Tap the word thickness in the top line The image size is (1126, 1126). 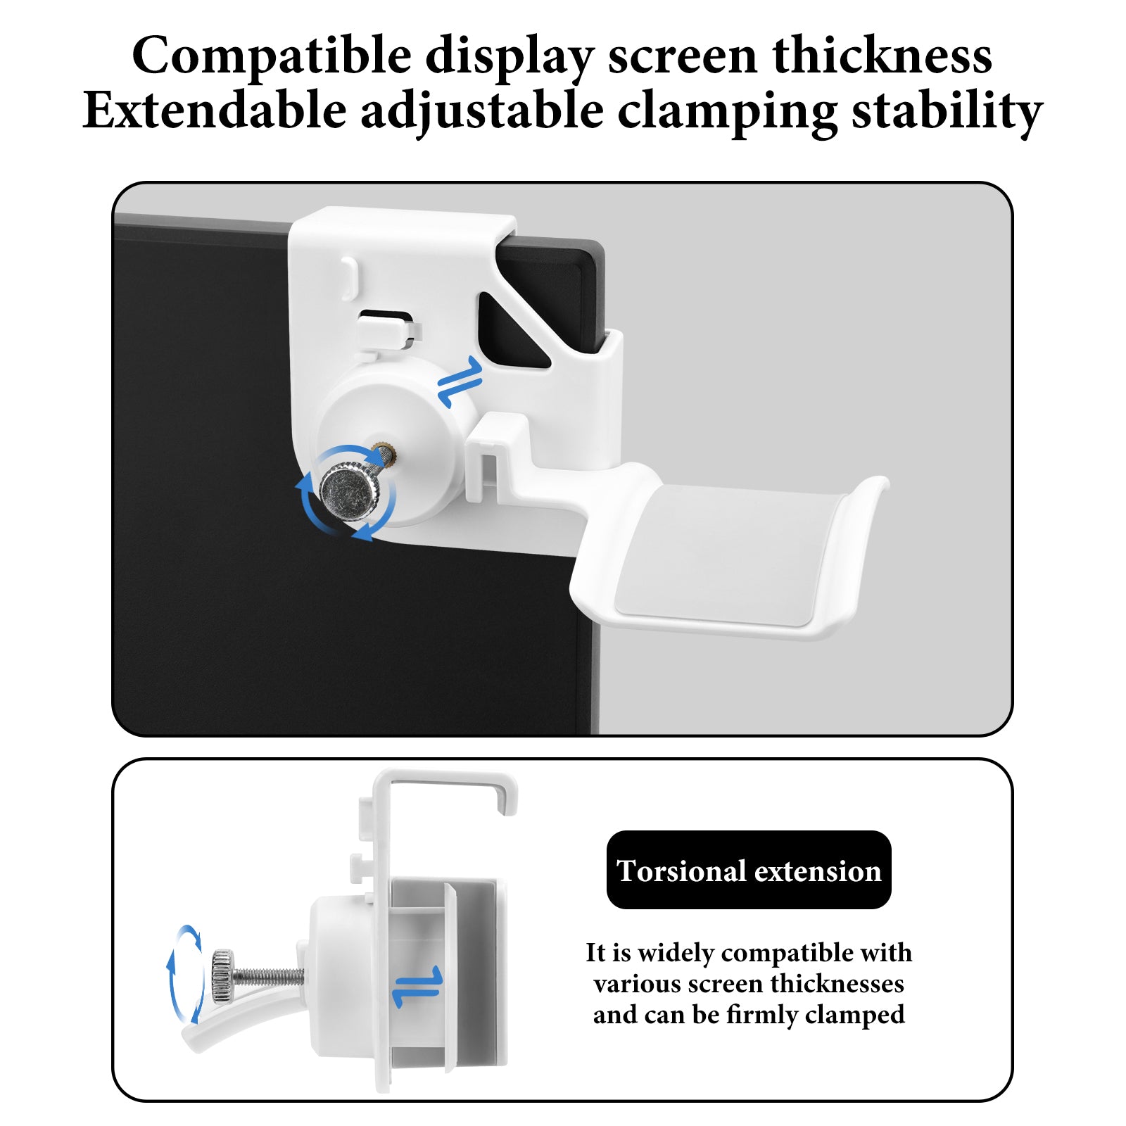pyautogui.click(x=883, y=55)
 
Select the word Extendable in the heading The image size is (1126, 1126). pyautogui.click(x=215, y=111)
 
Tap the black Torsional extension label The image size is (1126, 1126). pyautogui.click(x=749, y=870)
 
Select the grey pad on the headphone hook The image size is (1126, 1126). pyautogui.click(x=728, y=555)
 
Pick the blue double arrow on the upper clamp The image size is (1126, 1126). pyautogui.click(x=460, y=381)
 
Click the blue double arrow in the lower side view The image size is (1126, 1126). pyautogui.click(x=417, y=987)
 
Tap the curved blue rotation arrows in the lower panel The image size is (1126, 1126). pyautogui.click(x=184, y=975)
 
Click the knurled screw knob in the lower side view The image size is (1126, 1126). pyautogui.click(x=222, y=975)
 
